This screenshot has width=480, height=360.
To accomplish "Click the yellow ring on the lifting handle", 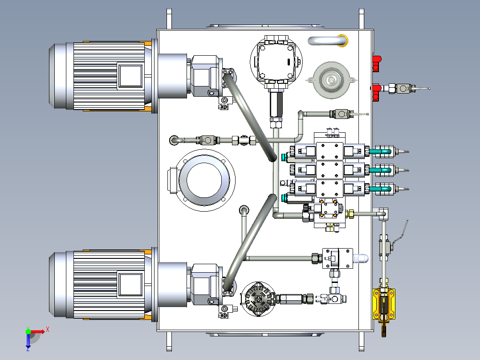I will (x=343, y=40).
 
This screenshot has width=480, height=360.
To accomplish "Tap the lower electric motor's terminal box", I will (x=130, y=284).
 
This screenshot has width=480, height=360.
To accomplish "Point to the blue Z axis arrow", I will (x=28, y=341).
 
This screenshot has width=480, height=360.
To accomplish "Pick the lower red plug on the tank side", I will (x=376, y=92).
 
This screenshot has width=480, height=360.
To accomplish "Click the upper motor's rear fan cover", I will (x=57, y=76).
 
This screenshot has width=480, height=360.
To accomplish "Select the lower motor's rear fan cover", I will (x=57, y=284).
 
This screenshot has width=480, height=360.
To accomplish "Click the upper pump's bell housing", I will (x=172, y=76).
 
